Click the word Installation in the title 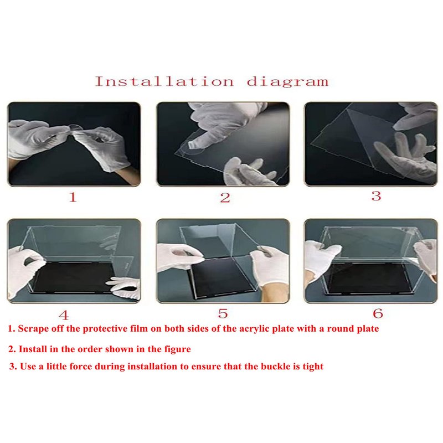[x=164, y=81]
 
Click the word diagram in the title [x=287, y=81]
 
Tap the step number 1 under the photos [x=73, y=197]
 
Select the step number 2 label [x=225, y=198]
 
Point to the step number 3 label [x=377, y=196]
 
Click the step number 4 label [x=64, y=315]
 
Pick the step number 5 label [x=223, y=313]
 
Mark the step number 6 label [x=378, y=313]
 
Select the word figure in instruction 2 [x=178, y=349]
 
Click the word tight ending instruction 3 [x=313, y=367]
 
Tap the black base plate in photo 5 [x=219, y=277]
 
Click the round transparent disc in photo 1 [x=74, y=128]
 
